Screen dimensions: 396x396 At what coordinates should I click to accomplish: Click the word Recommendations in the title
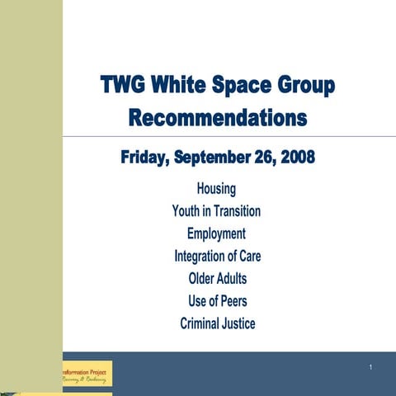[x=218, y=118]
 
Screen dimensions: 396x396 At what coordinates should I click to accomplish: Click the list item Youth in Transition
[x=216, y=211]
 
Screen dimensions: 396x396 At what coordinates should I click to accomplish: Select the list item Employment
[x=216, y=233]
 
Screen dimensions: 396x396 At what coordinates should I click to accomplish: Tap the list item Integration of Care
[x=217, y=256]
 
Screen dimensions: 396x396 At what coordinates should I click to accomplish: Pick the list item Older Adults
[x=217, y=278]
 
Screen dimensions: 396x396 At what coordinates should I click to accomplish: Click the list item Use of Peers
[x=217, y=300]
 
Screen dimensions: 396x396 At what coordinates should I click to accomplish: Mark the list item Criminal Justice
[x=217, y=323]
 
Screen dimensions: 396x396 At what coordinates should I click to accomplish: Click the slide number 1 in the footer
[x=372, y=366]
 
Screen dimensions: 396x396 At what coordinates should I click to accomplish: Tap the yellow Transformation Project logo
[x=87, y=374]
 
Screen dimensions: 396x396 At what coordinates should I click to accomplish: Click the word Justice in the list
[x=236, y=323]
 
